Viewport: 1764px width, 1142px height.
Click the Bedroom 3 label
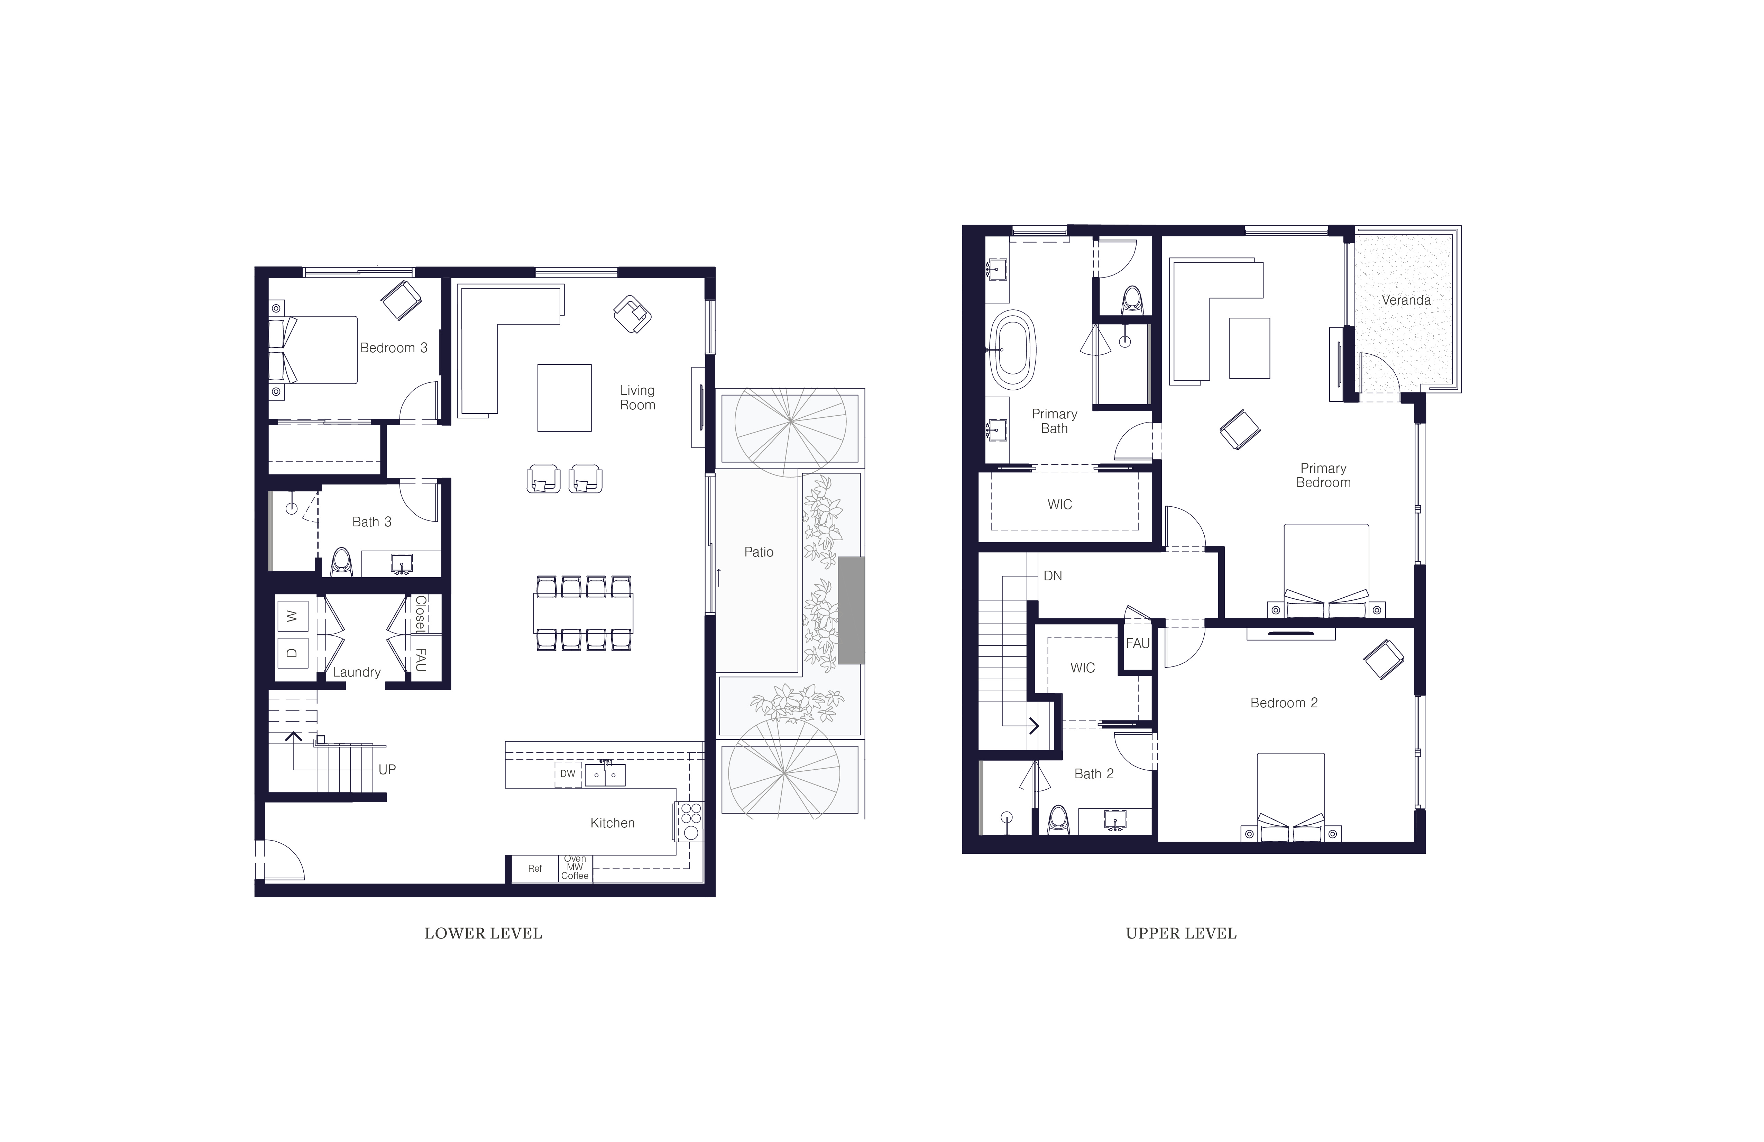[x=394, y=348]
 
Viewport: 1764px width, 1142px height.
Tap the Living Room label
[x=637, y=398]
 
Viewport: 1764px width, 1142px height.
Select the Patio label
[x=758, y=552]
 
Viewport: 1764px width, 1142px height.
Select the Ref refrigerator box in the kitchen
[x=534, y=868]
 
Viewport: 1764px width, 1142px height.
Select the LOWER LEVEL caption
[x=483, y=934]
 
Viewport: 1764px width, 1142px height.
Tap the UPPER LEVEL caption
[x=1182, y=934]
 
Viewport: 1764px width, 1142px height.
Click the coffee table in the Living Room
[x=565, y=398]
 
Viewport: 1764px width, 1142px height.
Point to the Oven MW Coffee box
[x=575, y=868]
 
